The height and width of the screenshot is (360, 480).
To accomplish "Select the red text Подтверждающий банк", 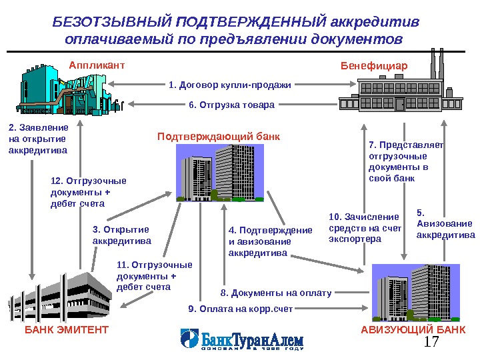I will [219, 137].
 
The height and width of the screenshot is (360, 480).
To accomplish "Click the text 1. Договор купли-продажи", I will [230, 85].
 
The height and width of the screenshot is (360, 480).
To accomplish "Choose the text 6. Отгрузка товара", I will [231, 105].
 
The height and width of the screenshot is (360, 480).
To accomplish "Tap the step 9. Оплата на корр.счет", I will [241, 309].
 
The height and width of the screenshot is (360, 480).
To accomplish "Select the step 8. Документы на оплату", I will [275, 292].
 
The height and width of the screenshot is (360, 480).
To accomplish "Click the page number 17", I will [433, 343].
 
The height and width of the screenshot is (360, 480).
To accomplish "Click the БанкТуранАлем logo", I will [243, 340].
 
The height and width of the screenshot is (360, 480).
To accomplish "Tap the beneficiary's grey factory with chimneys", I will [391, 87].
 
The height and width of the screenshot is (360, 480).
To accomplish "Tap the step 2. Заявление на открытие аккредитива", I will [38, 138].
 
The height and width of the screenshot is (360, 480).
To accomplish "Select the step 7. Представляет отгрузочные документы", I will [405, 162].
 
